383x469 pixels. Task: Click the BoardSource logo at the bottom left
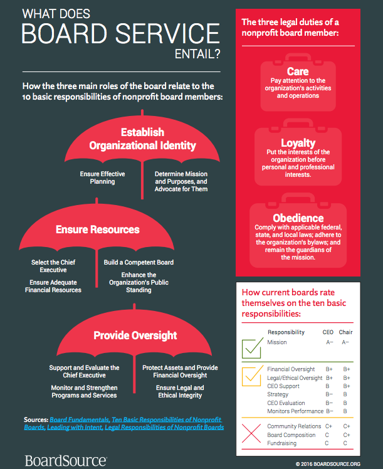coord(65,460)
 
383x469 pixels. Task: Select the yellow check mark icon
coord(252,376)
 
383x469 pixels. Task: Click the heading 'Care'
coord(298,72)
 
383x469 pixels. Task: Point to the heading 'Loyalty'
coord(298,143)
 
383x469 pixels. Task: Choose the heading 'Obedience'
coord(298,218)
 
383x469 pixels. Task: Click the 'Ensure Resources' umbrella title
coord(97,229)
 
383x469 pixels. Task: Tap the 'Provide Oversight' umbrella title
coord(135,335)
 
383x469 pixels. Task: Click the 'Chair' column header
coord(346,332)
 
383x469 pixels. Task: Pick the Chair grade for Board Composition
coord(346,435)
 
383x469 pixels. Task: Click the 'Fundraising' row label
coord(282,443)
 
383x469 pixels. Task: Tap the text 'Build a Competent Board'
coord(139,261)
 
